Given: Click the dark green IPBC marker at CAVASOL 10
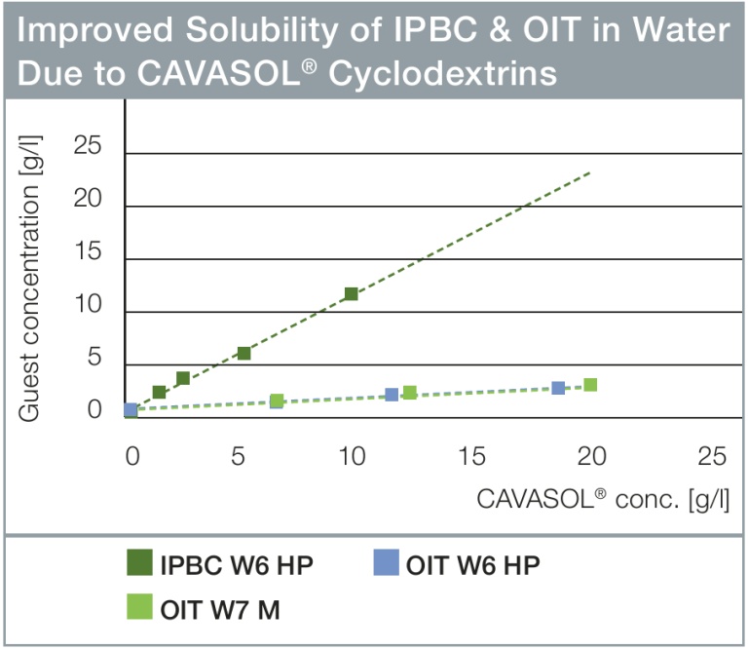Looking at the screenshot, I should point(352,293).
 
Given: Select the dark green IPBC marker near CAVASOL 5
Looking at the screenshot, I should point(244,353).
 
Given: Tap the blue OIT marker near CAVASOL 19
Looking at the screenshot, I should point(558,388).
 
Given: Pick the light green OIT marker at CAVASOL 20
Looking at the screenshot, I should point(590,385).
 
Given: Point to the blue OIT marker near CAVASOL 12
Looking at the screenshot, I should point(392,395).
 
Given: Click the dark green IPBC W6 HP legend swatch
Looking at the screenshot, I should point(140,564).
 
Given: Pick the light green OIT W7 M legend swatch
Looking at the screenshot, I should point(140,609).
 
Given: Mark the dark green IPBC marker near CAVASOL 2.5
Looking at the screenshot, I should point(182,378).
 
